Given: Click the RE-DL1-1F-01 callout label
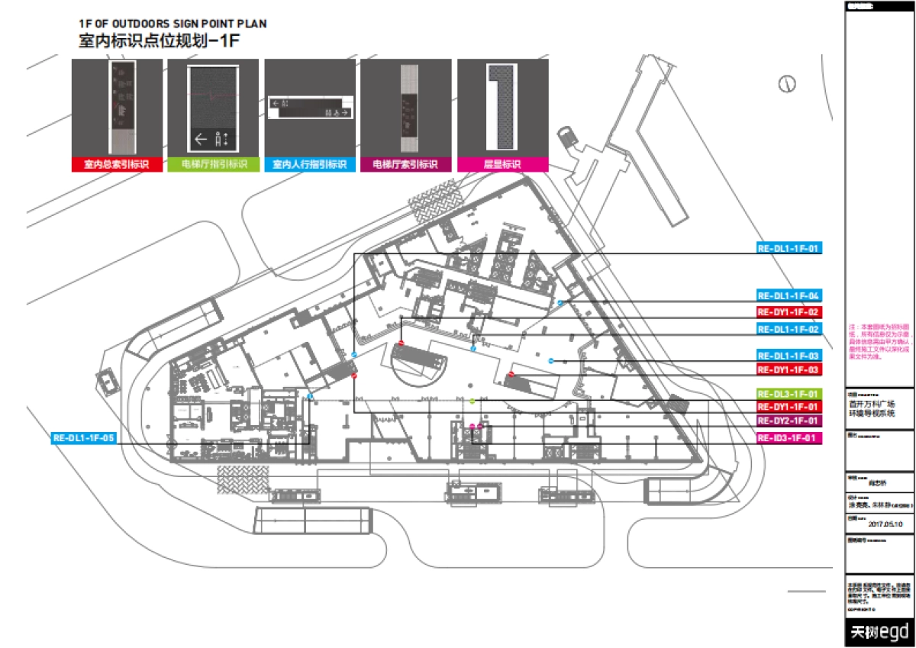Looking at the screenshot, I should tap(789, 249).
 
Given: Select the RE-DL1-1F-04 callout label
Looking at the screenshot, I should tap(789, 295).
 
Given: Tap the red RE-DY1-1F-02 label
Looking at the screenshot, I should tap(789, 312).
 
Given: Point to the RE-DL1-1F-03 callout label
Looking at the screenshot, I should tap(789, 356).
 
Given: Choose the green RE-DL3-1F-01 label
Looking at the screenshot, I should tap(789, 393).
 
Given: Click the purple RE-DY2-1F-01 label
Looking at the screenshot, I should tap(789, 421).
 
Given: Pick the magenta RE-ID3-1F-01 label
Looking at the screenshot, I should tap(789, 438).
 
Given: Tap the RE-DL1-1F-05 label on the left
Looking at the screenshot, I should tap(84, 439).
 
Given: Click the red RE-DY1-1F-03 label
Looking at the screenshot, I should tap(789, 369).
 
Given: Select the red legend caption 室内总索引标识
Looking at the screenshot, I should tap(116, 165).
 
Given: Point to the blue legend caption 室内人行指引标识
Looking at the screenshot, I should tap(309, 165).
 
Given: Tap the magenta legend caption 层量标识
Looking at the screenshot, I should tap(502, 165).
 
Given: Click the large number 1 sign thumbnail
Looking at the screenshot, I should tap(502, 107).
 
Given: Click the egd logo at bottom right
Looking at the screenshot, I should tap(879, 632).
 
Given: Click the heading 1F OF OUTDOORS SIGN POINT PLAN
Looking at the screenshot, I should tap(173, 24).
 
